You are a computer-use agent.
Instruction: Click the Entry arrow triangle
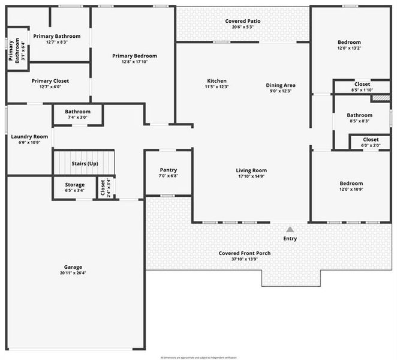pos(290,229)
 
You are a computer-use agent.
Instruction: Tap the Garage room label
pos(73,267)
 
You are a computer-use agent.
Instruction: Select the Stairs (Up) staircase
pos(84,163)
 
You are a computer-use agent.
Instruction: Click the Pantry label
pos(168,170)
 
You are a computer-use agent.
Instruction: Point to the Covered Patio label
pos(243,21)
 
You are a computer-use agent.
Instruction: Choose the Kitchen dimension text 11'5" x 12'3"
pos(216,87)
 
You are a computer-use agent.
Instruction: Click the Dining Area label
pos(281,85)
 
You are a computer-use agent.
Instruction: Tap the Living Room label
pos(251,170)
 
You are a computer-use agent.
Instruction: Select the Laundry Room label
pos(29,137)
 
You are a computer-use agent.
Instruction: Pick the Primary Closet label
pos(50,81)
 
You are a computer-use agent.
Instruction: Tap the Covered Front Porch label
pos(244,253)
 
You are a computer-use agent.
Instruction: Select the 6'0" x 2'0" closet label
pos(371,140)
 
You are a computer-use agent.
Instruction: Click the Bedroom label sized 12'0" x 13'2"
pos(349,42)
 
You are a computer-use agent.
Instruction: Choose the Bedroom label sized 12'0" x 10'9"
pos(351,184)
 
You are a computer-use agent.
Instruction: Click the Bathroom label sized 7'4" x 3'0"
pos(78,112)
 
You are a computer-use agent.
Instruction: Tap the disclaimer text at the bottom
pos(198,357)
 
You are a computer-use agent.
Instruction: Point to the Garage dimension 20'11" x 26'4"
pos(73,273)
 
